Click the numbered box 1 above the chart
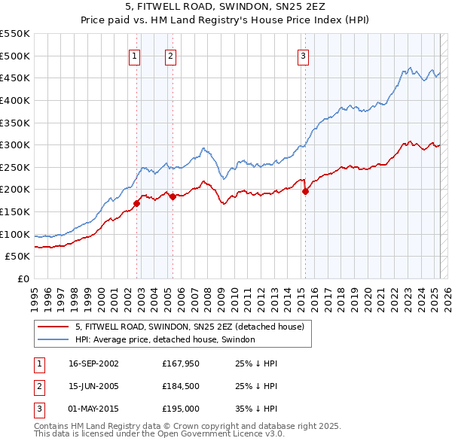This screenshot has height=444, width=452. [x=134, y=55]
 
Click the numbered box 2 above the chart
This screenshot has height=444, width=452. [x=171, y=55]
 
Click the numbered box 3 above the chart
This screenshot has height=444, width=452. [x=303, y=55]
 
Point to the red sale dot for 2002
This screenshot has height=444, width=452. [x=137, y=203]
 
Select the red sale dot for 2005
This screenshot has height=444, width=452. [x=173, y=196]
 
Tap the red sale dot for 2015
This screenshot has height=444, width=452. [x=305, y=191]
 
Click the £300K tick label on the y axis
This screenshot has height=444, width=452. [x=15, y=144]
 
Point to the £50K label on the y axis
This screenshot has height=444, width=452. [x=18, y=257]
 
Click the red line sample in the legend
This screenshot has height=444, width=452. [x=53, y=327]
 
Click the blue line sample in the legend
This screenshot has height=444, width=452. [x=53, y=340]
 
